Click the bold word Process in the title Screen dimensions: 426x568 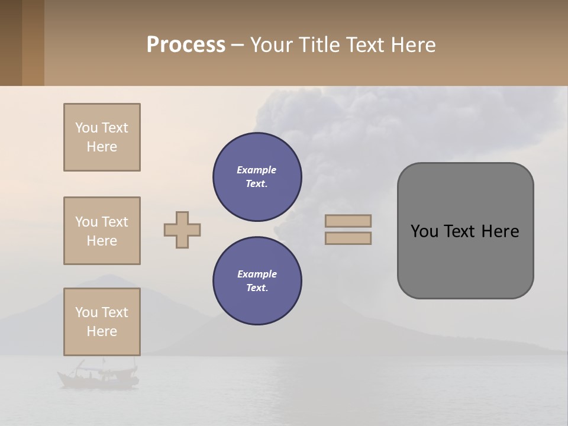tap(186, 45)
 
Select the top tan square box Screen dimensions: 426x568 tap(102, 137)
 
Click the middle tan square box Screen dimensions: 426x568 tap(102, 231)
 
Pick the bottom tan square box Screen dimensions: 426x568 tap(102, 322)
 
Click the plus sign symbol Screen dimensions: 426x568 tap(182, 230)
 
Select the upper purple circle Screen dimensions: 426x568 tap(257, 177)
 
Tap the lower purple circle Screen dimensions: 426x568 tap(257, 281)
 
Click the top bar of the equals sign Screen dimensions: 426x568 tap(348, 221)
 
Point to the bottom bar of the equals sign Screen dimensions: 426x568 tap(348, 238)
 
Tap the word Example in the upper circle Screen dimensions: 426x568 tap(257, 170)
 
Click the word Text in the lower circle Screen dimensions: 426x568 tap(256, 288)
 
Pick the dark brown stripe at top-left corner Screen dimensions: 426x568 tap(11, 43)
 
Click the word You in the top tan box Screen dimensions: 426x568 tap(86, 128)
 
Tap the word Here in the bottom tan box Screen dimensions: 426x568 tap(102, 331)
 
